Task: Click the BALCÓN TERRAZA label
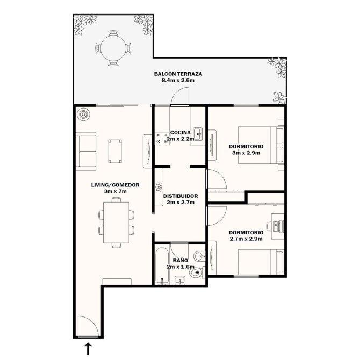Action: pyautogui.click(x=178, y=74)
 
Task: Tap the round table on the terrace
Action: pyautogui.click(x=113, y=48)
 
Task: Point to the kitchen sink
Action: pyautogui.click(x=198, y=134)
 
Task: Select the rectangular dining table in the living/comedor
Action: pyautogui.click(x=116, y=222)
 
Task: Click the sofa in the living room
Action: pyautogui.click(x=86, y=152)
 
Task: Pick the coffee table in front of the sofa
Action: pyautogui.click(x=115, y=151)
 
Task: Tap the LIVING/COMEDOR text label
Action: pyautogui.click(x=116, y=185)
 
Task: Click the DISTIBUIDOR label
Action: pyautogui.click(x=181, y=196)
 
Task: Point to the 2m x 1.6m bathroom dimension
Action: pyautogui.click(x=181, y=267)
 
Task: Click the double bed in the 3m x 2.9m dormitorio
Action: pyautogui.click(x=261, y=145)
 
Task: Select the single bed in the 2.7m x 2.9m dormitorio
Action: pyautogui.click(x=261, y=262)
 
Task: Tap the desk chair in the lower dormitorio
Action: pyautogui.click(x=269, y=226)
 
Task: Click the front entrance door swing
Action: pyautogui.click(x=89, y=326)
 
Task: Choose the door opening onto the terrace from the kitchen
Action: pyautogui.click(x=180, y=96)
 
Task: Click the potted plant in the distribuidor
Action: pyautogui.click(x=159, y=186)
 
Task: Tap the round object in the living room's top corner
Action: pyautogui.click(x=83, y=114)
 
